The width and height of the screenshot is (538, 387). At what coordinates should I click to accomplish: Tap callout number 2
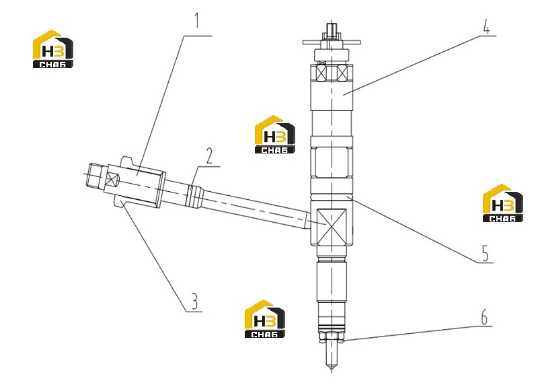click(x=209, y=155)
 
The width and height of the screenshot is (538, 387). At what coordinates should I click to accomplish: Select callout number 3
click(x=194, y=301)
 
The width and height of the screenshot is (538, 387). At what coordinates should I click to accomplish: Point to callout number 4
click(x=486, y=26)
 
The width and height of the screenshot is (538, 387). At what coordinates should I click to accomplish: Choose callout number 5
click(x=485, y=253)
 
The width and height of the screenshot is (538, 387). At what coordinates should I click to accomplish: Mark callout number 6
click(x=484, y=316)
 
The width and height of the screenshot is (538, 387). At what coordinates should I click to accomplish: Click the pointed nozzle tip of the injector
click(x=332, y=368)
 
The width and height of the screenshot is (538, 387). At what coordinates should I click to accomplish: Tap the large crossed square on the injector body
click(x=332, y=227)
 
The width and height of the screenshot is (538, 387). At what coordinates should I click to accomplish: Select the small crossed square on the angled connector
click(x=112, y=178)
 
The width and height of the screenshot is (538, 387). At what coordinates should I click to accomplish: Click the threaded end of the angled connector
click(x=95, y=176)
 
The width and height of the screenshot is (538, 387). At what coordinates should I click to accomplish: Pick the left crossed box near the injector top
click(x=322, y=73)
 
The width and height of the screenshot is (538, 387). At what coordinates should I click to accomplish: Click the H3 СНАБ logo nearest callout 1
click(x=53, y=48)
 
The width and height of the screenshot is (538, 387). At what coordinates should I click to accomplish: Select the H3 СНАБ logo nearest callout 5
click(x=502, y=203)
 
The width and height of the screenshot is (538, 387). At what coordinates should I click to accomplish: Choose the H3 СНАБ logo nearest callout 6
click(x=264, y=318)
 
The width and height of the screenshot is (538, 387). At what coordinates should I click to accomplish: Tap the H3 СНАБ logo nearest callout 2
click(x=275, y=134)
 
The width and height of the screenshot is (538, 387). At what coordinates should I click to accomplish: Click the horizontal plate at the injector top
click(x=332, y=42)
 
